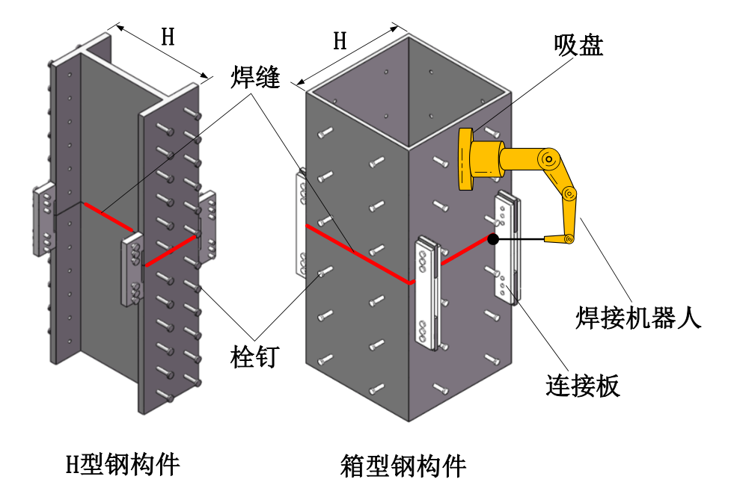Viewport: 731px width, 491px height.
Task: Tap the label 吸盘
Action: pyautogui.click(x=578, y=46)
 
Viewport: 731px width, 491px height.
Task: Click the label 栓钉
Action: pyautogui.click(x=254, y=356)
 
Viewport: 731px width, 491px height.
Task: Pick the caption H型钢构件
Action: pyautogui.click(x=122, y=465)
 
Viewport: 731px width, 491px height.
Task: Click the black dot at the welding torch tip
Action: pyautogui.click(x=492, y=239)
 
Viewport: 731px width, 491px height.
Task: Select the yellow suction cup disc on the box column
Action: pyautogui.click(x=466, y=158)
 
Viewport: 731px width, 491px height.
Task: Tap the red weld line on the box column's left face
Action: pyautogui.click(x=355, y=253)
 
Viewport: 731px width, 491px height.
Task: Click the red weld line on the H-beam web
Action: pyautogui.click(x=108, y=216)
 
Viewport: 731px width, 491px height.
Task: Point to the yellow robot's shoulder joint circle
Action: pyautogui.click(x=551, y=158)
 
